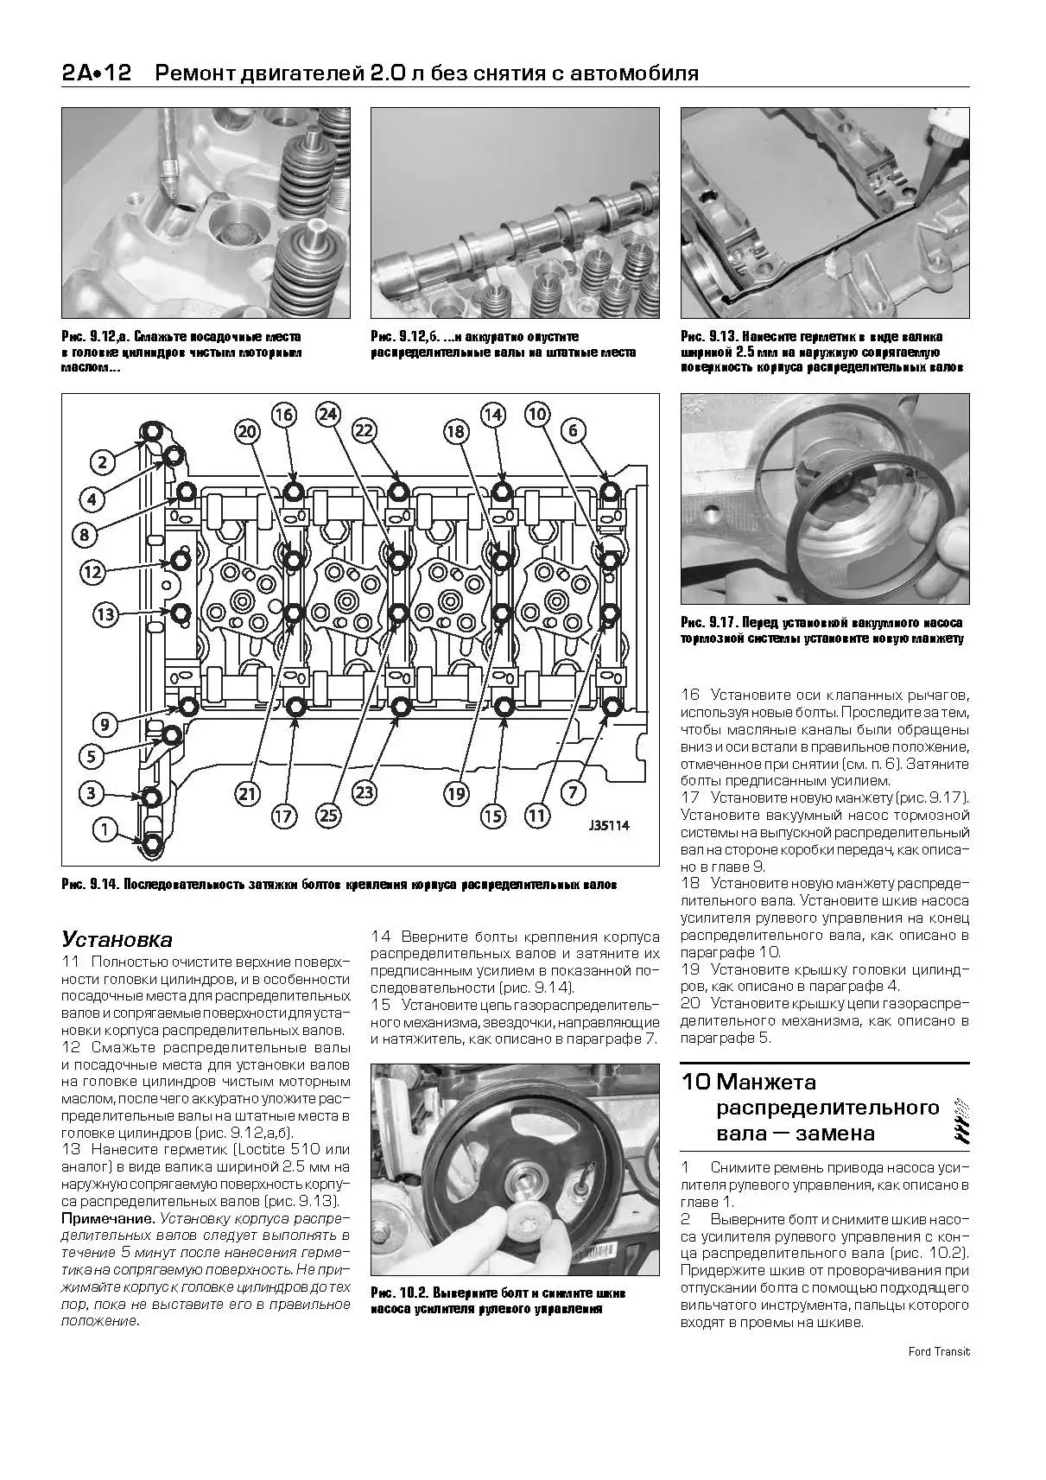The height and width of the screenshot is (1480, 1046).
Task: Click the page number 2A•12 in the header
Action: point(96,74)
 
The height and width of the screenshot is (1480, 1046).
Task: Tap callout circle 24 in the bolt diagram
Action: point(327,414)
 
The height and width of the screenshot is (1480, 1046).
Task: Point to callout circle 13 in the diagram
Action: point(105,615)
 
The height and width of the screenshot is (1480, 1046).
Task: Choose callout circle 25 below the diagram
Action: point(327,814)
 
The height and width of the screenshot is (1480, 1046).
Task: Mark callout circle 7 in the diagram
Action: point(575,791)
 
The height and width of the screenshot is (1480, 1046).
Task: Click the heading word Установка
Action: point(117,940)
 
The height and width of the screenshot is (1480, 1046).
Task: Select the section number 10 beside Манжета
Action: point(695,1082)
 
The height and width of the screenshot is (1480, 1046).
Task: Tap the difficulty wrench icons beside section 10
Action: point(956,1118)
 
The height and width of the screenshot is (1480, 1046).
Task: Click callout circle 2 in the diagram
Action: point(103,461)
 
